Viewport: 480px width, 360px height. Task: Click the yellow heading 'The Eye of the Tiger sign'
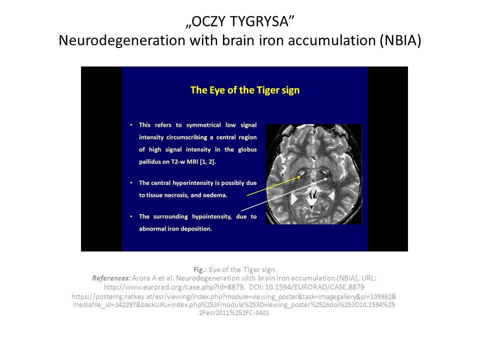[x=245, y=90]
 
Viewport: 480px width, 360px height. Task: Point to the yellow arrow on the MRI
[x=273, y=185]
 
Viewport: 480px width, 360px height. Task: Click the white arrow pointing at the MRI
[x=284, y=194]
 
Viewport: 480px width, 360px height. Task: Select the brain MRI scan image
[x=314, y=174]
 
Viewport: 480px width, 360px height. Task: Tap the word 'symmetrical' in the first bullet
[x=203, y=125]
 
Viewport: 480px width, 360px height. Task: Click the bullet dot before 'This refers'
[x=131, y=125]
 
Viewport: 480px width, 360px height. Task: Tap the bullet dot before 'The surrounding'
[x=131, y=216]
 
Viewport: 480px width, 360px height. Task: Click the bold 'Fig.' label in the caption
[x=199, y=269]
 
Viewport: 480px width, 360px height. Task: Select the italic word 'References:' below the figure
[x=111, y=278]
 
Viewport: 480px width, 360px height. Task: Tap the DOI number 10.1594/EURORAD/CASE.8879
[x=314, y=287]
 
